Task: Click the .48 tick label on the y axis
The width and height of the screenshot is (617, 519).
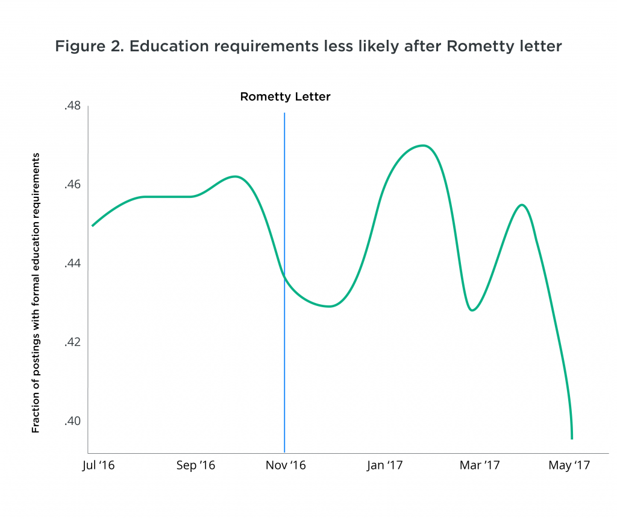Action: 72,106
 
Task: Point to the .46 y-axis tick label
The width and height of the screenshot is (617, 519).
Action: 72,185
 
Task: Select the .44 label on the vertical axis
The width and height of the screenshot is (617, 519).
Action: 72,264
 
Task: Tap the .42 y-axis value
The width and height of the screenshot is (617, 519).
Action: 72,342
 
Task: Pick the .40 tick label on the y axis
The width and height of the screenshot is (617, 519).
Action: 72,421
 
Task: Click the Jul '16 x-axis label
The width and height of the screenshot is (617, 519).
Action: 98,466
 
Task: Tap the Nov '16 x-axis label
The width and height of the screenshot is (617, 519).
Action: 286,466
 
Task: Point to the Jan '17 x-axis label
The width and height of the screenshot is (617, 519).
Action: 384,466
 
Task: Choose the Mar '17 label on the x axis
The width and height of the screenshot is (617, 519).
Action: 480,466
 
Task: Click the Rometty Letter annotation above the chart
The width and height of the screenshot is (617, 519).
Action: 285,97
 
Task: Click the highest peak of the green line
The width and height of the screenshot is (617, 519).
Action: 424,145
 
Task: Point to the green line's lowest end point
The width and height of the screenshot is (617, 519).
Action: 572,438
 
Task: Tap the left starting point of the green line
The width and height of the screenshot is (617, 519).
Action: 92,226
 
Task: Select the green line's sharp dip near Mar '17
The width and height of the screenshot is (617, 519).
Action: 472,310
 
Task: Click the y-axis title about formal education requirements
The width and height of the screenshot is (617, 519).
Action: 36,293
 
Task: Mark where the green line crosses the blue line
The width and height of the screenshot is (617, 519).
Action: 284,278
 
